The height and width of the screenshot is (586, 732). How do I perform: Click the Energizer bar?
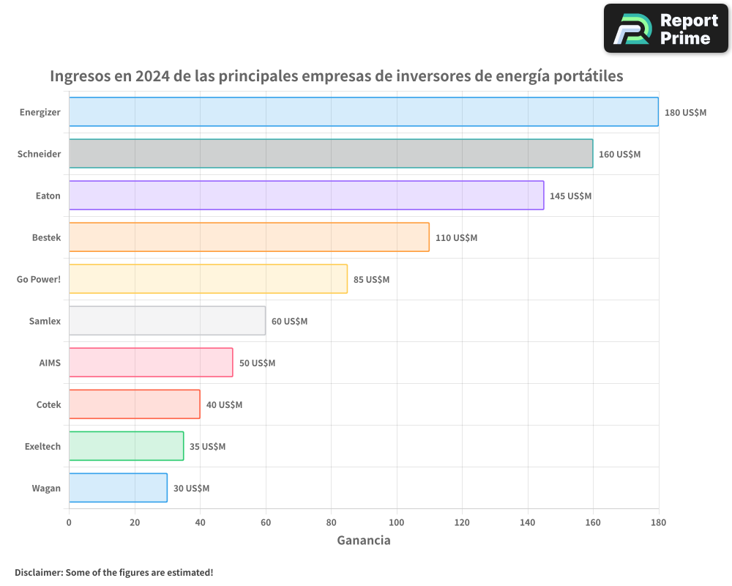(364, 112)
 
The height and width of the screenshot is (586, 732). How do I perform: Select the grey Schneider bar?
(331, 154)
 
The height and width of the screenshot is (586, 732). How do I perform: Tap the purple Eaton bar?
(306, 196)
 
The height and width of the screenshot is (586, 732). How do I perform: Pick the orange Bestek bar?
(249, 237)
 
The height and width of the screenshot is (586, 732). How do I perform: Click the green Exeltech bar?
(126, 446)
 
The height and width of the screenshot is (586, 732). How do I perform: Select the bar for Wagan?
(118, 488)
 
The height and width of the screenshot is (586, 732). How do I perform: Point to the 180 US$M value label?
(685, 113)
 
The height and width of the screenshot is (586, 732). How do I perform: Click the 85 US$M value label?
(371, 280)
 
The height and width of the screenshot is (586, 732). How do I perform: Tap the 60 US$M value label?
(289, 322)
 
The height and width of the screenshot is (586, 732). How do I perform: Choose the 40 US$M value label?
(224, 405)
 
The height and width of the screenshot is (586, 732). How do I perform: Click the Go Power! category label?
(38, 279)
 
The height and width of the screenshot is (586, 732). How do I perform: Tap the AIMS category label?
(50, 363)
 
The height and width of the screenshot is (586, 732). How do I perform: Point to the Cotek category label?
(48, 404)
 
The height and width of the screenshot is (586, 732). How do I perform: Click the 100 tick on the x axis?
(397, 522)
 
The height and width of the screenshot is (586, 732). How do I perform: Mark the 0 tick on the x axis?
(69, 522)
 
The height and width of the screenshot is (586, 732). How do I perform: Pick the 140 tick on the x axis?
(528, 522)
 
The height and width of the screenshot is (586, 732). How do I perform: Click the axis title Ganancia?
(364, 541)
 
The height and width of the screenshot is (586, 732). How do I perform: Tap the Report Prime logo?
(666, 29)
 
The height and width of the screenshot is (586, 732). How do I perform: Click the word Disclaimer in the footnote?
(38, 572)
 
